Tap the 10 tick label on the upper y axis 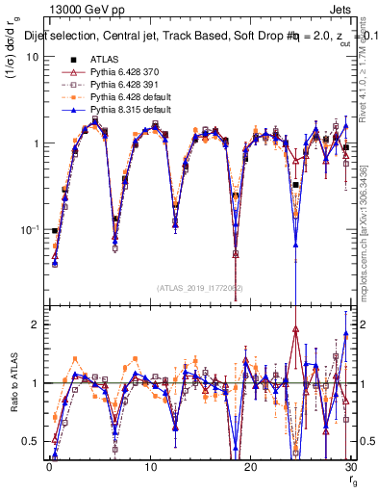coord(32,57)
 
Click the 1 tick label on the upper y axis coord(35,143)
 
